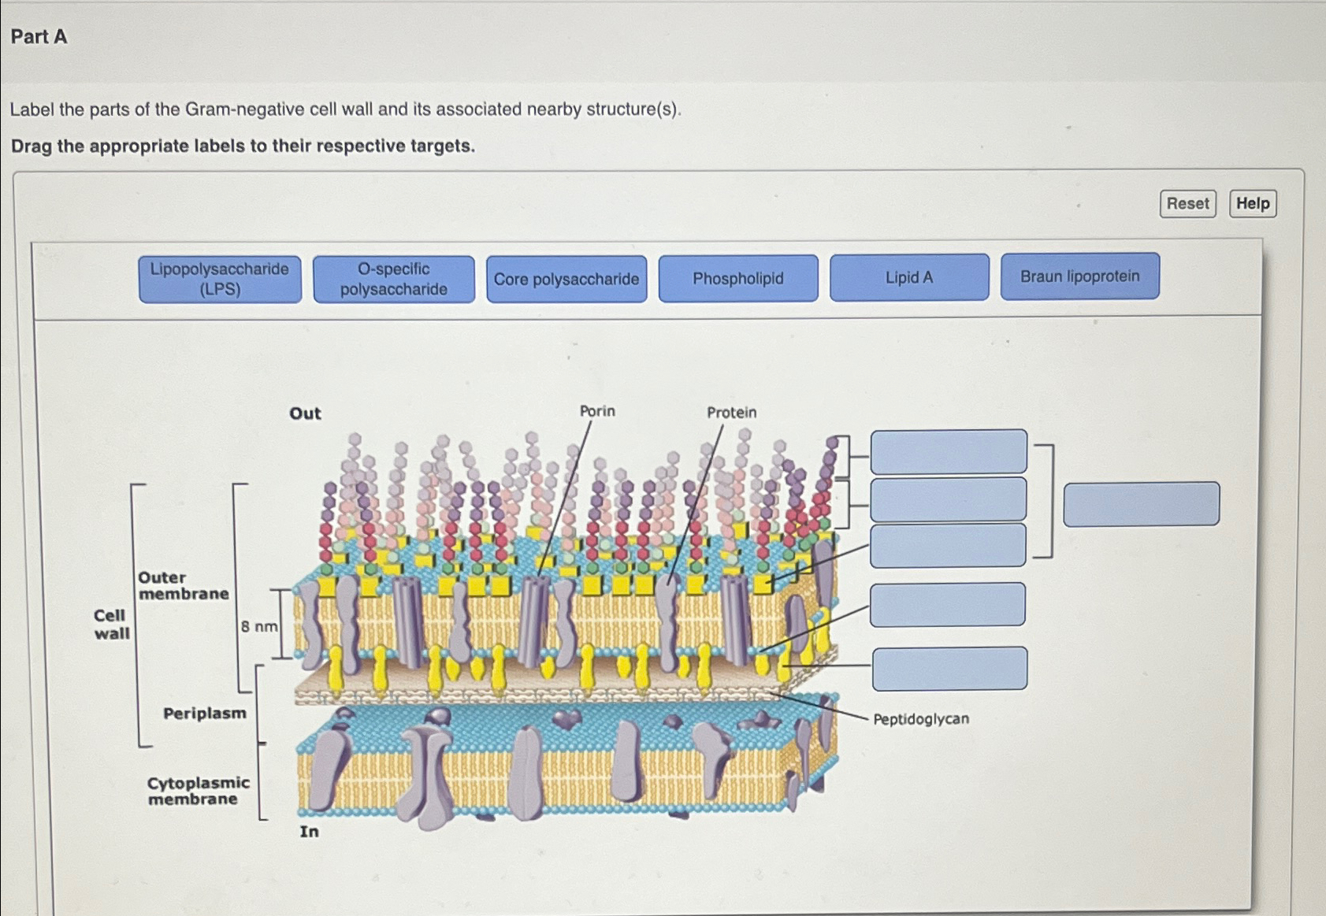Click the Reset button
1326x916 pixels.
coord(1187,203)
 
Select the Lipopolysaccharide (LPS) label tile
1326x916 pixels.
coord(220,279)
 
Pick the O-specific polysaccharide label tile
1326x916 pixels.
coord(393,279)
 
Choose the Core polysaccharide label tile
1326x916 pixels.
coord(566,279)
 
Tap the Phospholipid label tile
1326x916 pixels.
coord(738,278)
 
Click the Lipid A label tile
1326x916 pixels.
coord(909,277)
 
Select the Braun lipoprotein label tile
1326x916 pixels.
coord(1079,276)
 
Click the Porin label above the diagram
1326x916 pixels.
coord(597,411)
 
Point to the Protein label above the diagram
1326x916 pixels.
coord(731,412)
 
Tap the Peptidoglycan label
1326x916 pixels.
coord(921,719)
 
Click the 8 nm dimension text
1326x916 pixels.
coord(259,626)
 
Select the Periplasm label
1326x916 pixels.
coord(205,714)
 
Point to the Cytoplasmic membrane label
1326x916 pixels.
coord(199,791)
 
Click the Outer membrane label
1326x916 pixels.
coord(184,585)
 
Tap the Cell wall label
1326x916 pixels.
coord(111,624)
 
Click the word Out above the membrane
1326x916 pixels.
coord(305,413)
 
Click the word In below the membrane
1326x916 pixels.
coord(309,832)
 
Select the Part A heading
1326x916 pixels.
coord(39,36)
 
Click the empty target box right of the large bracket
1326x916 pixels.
coord(1141,504)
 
